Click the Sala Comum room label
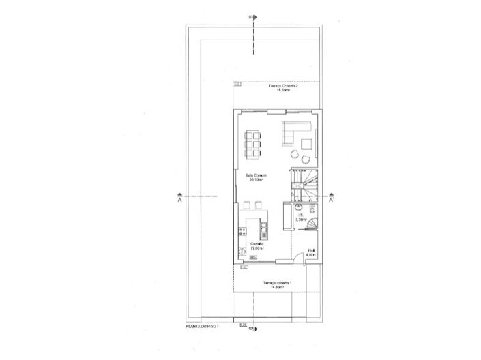[256, 176]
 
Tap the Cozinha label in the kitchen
[257, 243]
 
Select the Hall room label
[310, 251]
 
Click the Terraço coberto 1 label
[276, 282]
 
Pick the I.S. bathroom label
[300, 216]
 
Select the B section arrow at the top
[252, 17]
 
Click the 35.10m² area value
[256, 181]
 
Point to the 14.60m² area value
[276, 287]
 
